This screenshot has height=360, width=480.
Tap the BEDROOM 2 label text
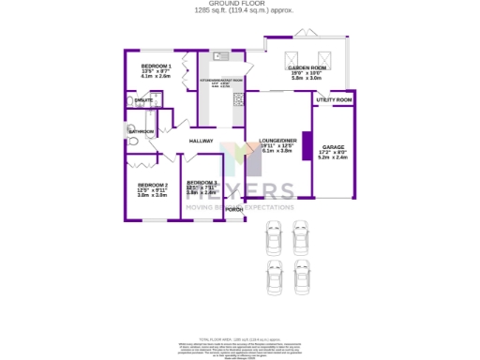[x=152, y=185]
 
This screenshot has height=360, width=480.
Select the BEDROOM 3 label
[x=202, y=182]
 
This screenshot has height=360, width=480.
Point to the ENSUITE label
[x=144, y=99]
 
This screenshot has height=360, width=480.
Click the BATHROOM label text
[x=141, y=132]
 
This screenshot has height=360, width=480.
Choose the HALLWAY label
[x=202, y=141]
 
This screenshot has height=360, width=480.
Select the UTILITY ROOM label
[x=334, y=99]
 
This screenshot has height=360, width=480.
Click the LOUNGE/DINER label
[x=277, y=141]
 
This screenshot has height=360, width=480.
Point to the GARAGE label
[x=334, y=147]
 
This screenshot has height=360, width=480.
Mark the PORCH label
[x=233, y=209]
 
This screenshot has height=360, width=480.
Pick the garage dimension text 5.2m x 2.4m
[x=334, y=158]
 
